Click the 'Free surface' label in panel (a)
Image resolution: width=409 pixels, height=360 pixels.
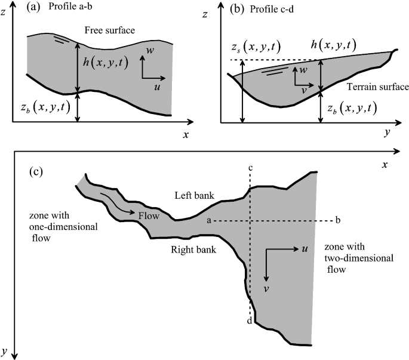coord(109,30)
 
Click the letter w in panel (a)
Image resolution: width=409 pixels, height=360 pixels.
coord(150,51)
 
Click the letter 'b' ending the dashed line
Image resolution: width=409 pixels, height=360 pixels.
coord(338,220)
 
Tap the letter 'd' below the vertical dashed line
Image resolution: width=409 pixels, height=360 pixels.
coord(248,321)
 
